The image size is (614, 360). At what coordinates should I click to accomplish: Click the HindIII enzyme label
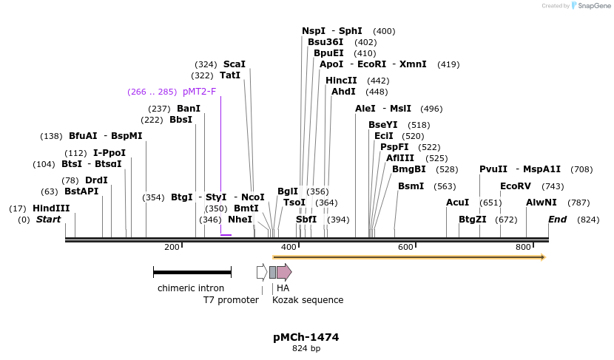tap(51, 208)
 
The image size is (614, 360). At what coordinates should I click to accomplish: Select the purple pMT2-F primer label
tap(199, 92)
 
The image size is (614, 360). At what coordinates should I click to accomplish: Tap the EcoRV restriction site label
tap(516, 186)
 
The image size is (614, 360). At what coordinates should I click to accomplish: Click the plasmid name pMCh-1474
tap(306, 337)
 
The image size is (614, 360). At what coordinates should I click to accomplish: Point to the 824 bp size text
tap(306, 348)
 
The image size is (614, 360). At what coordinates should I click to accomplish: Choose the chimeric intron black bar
tap(190, 272)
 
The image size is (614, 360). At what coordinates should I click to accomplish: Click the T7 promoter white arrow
tap(261, 272)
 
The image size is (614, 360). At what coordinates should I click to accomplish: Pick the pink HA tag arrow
tap(284, 272)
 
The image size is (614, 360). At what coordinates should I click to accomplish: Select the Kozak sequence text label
tap(308, 300)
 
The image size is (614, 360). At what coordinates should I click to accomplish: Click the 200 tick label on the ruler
tap(172, 247)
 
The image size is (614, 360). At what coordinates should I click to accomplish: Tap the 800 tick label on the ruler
tap(523, 247)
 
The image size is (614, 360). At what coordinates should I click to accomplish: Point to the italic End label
tap(557, 220)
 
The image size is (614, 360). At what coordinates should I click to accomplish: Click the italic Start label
tap(49, 220)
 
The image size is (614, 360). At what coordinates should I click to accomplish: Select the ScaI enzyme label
tap(235, 64)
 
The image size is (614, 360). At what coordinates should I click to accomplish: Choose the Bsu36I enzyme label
tap(326, 42)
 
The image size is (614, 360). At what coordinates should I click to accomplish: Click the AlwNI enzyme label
tap(542, 203)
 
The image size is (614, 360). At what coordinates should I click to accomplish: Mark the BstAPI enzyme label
tap(81, 191)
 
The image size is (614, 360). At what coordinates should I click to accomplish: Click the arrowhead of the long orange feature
tap(542, 257)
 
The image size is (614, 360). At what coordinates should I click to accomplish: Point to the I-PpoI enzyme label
tap(109, 153)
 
